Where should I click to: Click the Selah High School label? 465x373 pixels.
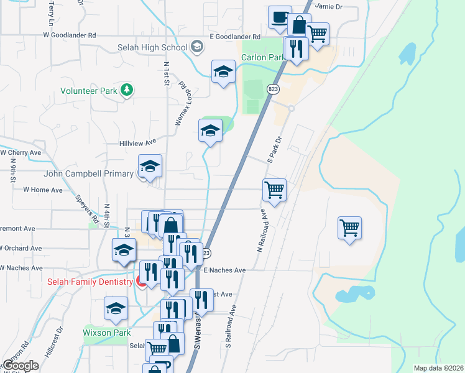pyautogui.click(x=152, y=48)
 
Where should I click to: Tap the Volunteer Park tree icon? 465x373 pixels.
pyautogui.click(x=127, y=90)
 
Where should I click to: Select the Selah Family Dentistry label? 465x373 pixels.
pyautogui.click(x=90, y=282)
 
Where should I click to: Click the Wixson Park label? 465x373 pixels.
pyautogui.click(x=106, y=333)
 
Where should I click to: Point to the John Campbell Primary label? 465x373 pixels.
pyautogui.click(x=88, y=174)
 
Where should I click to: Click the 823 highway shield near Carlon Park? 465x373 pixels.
pyautogui.click(x=273, y=89)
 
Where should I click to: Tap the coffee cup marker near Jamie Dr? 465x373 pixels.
pyautogui.click(x=280, y=17)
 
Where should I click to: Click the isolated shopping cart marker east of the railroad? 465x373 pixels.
pyautogui.click(x=350, y=227)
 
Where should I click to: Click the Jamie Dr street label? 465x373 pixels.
pyautogui.click(x=329, y=6)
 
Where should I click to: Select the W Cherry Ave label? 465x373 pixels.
pyautogui.click(x=20, y=152)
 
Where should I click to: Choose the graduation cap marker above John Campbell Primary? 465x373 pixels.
pyautogui.click(x=150, y=166)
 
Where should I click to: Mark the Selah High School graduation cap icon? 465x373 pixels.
pyautogui.click(x=197, y=47)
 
